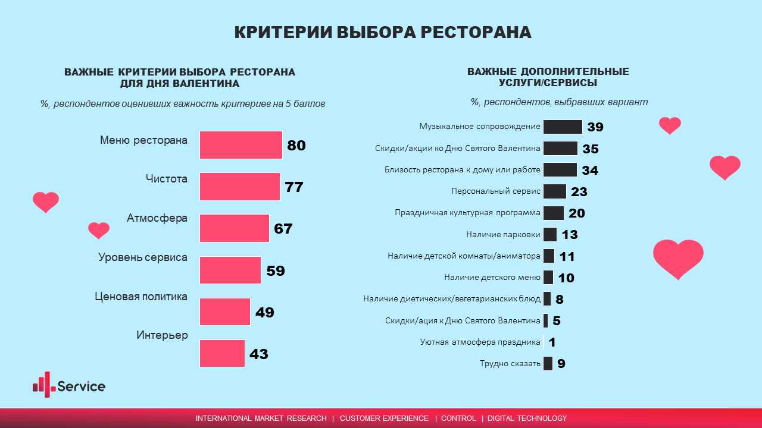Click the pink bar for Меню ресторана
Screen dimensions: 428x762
[x=241, y=145]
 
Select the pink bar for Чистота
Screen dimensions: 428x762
[x=239, y=187]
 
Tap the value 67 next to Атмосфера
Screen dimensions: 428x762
[x=283, y=229]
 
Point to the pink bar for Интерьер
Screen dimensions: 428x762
[x=222, y=353]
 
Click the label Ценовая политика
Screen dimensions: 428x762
[x=141, y=297]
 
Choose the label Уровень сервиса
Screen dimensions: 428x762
[x=143, y=257]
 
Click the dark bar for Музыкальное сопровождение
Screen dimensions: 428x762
[x=563, y=127]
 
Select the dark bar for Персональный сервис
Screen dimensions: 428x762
[x=554, y=191]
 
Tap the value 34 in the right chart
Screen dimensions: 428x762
[x=590, y=171]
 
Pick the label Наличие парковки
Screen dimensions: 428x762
[x=503, y=235]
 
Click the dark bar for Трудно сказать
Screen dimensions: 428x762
[x=548, y=363]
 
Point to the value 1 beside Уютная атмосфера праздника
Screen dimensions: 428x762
[x=552, y=342]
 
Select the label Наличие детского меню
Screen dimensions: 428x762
[x=492, y=278]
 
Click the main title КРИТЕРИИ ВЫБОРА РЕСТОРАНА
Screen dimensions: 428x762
[x=382, y=33]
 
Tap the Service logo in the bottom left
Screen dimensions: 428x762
[x=69, y=385]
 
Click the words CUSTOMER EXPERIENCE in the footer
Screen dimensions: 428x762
[x=384, y=418]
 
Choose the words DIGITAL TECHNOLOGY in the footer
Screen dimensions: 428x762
[x=527, y=418]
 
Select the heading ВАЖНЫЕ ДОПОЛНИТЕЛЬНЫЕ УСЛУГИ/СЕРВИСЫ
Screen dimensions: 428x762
[x=548, y=77]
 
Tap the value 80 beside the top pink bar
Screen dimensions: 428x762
[x=296, y=146]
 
